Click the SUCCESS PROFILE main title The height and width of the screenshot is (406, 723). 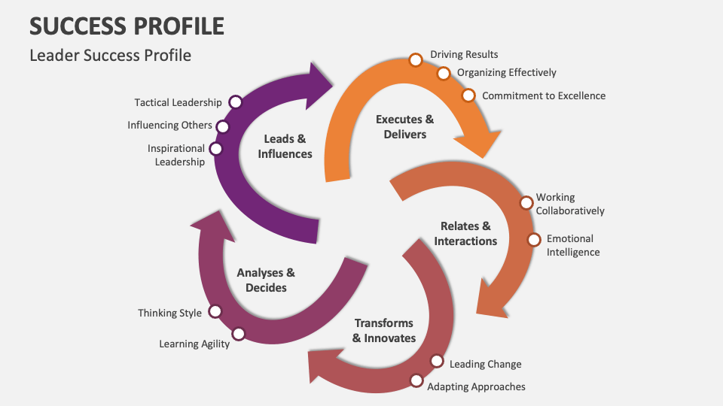click(127, 26)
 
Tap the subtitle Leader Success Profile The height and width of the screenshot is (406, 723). click(110, 55)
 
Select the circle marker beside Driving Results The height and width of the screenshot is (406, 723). click(415, 59)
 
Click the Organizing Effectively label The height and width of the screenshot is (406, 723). click(507, 73)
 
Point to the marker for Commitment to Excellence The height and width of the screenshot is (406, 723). click(468, 95)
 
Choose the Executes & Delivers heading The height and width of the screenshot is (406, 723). click(404, 126)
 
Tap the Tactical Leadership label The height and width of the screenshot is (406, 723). click(178, 102)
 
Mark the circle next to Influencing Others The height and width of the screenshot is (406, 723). click(224, 126)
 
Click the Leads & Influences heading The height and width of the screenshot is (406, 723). click(285, 146)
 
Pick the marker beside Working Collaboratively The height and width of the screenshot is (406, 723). click(526, 203)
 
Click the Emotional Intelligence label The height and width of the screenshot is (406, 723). click(572, 245)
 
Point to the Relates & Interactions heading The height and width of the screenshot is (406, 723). click(465, 233)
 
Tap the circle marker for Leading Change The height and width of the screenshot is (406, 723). click(437, 361)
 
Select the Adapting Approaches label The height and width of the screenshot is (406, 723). click(476, 386)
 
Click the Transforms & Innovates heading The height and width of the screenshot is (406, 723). click(384, 330)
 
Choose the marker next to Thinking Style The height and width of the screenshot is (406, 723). click(215, 311)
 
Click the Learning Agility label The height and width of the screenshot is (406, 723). click(194, 344)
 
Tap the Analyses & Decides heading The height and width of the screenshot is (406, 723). click(266, 280)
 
